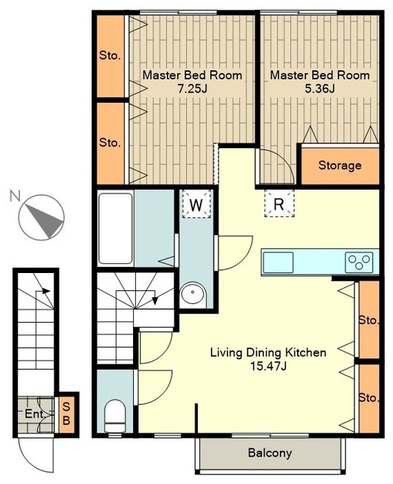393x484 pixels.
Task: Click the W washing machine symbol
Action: (x=196, y=204)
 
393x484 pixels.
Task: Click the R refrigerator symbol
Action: (x=279, y=203)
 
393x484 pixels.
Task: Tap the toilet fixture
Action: (x=115, y=416)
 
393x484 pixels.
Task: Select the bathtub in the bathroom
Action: (x=116, y=228)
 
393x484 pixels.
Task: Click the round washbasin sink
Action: (x=193, y=293)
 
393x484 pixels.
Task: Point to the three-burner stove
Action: (x=359, y=262)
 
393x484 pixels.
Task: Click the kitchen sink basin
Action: (x=278, y=262)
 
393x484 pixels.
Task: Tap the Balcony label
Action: (x=270, y=453)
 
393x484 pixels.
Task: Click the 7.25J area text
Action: (x=192, y=89)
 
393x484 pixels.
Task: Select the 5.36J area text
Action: (x=320, y=89)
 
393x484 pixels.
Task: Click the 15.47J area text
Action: (x=268, y=366)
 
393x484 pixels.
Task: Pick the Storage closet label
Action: (x=339, y=166)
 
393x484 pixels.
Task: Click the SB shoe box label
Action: (x=67, y=414)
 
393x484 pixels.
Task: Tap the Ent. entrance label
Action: (x=36, y=414)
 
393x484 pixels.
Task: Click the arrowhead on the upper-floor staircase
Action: (x=155, y=300)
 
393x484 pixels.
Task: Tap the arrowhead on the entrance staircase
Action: (x=46, y=290)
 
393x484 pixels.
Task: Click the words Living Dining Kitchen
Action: (x=268, y=352)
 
